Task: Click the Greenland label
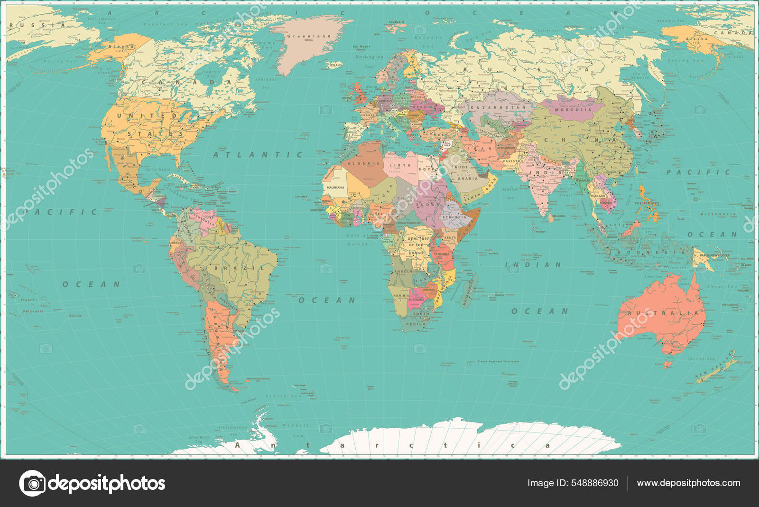pyautogui.click(x=309, y=36)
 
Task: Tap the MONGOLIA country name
pyautogui.click(x=573, y=110)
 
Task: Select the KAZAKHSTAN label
pyautogui.click(x=498, y=108)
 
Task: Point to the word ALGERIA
pyautogui.click(x=364, y=163)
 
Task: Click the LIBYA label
pyautogui.click(x=400, y=165)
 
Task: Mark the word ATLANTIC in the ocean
pyautogui.click(x=258, y=155)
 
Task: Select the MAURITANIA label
pyautogui.click(x=335, y=188)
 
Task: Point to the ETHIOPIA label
pyautogui.click(x=455, y=217)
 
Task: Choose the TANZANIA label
pyautogui.click(x=441, y=254)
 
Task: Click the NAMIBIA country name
pyautogui.click(x=401, y=296)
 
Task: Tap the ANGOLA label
pyautogui.click(x=403, y=272)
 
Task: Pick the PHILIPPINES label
pyautogui.click(x=647, y=203)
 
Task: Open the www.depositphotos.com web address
pyautogui.click(x=688, y=483)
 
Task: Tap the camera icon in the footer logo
pyautogui.click(x=33, y=483)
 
